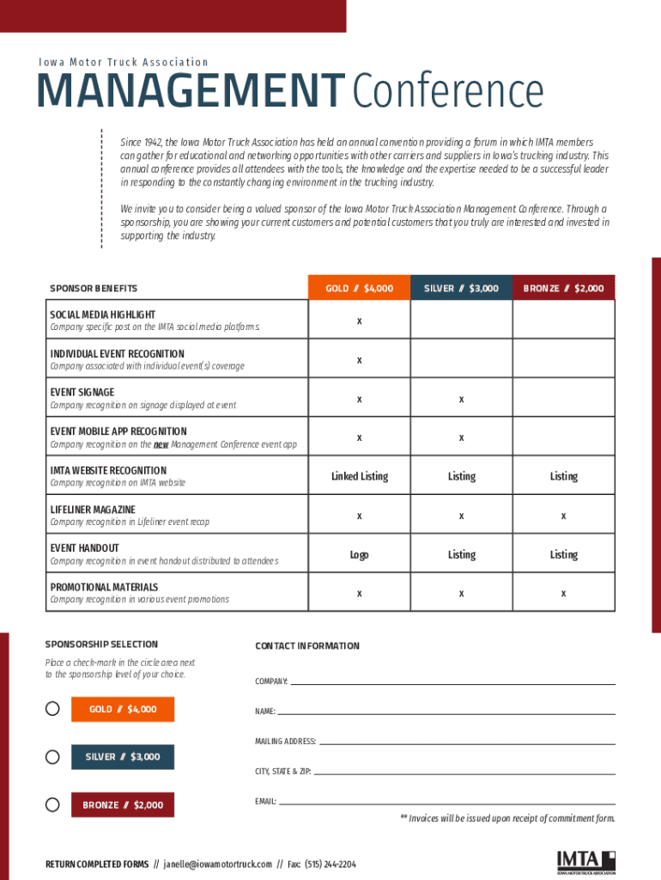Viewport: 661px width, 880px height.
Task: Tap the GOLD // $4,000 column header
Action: pos(359,288)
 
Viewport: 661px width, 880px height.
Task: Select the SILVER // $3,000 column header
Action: pos(461,288)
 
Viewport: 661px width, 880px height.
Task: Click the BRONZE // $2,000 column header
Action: pos(563,288)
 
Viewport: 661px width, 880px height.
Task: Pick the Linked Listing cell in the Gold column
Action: pos(359,476)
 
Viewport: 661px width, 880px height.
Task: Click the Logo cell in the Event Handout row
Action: pos(359,554)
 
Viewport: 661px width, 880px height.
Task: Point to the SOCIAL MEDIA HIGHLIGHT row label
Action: pos(103,315)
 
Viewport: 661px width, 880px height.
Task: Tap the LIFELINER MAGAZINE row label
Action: pos(93,510)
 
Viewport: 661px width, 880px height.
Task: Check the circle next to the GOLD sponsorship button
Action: pos(52,709)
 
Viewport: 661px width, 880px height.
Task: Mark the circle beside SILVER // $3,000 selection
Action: pos(52,757)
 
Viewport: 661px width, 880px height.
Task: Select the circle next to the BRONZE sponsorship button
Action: pos(52,805)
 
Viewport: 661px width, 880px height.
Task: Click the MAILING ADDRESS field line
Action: pos(467,742)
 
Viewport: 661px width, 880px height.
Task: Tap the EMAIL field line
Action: pos(446,804)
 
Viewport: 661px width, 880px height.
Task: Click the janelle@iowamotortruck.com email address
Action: pos(218,864)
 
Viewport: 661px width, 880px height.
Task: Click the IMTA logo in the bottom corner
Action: pos(585,862)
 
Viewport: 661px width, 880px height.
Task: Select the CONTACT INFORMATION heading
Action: pos(307,646)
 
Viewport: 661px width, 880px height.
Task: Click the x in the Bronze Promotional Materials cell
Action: pos(563,594)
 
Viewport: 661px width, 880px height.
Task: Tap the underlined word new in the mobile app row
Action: pos(161,444)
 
